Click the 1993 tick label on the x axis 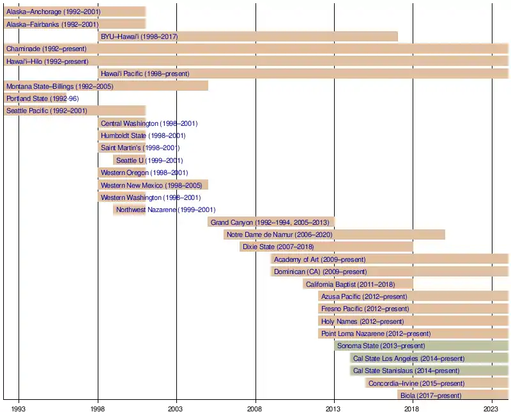tap(19, 408)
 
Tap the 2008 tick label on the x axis tap(255, 408)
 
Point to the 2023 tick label tap(491, 408)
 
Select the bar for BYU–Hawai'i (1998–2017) tap(248, 36)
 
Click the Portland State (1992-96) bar tap(35, 98)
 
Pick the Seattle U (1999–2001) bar tap(130, 160)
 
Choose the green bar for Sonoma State tap(421, 346)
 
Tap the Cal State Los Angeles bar tap(429, 358)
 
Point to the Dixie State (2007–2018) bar tap(326, 247)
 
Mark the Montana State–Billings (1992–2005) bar tap(106, 86)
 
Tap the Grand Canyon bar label tap(270, 222)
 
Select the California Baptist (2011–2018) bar tap(358, 284)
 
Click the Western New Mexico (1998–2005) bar tap(153, 185)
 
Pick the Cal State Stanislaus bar tap(429, 370)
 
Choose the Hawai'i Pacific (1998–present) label tap(145, 73)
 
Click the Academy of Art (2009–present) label tap(319, 259)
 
